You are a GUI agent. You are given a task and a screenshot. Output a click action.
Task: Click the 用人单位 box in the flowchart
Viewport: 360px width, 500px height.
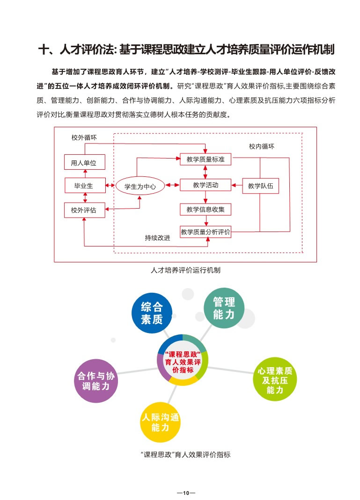(x=84, y=163)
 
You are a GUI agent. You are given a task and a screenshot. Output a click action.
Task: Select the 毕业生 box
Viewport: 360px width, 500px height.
(x=84, y=186)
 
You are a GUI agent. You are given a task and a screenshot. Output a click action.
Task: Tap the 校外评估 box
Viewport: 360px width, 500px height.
(x=84, y=210)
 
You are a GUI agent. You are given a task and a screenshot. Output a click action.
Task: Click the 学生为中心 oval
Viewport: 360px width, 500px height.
(x=140, y=186)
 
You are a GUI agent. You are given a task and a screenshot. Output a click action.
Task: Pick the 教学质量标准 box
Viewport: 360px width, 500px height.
(x=206, y=159)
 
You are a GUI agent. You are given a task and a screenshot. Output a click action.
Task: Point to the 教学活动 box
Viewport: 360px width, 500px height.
(x=206, y=185)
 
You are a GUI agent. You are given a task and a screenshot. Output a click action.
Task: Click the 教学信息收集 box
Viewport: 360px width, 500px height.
(x=206, y=210)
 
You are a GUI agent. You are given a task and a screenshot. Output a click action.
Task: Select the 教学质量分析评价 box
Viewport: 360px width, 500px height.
(x=206, y=232)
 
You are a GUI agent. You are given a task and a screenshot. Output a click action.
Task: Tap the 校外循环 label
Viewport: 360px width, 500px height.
(x=82, y=138)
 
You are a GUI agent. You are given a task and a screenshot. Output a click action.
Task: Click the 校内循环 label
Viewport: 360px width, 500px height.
(x=261, y=146)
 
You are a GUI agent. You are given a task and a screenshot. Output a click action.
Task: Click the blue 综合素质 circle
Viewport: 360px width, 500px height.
(x=152, y=313)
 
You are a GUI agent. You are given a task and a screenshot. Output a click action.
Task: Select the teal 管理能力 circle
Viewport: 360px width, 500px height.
(x=224, y=308)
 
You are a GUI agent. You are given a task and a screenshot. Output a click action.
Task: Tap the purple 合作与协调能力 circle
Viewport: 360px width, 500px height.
(x=95, y=381)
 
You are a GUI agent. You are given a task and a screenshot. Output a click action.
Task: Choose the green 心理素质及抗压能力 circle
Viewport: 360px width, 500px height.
(x=274, y=380)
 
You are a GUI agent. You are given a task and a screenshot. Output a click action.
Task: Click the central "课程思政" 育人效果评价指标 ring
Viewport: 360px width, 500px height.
(x=183, y=361)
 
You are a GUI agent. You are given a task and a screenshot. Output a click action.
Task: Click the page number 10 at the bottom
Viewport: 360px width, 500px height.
(x=185, y=493)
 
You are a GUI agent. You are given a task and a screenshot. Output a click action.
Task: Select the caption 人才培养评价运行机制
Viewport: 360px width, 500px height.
(x=186, y=270)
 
